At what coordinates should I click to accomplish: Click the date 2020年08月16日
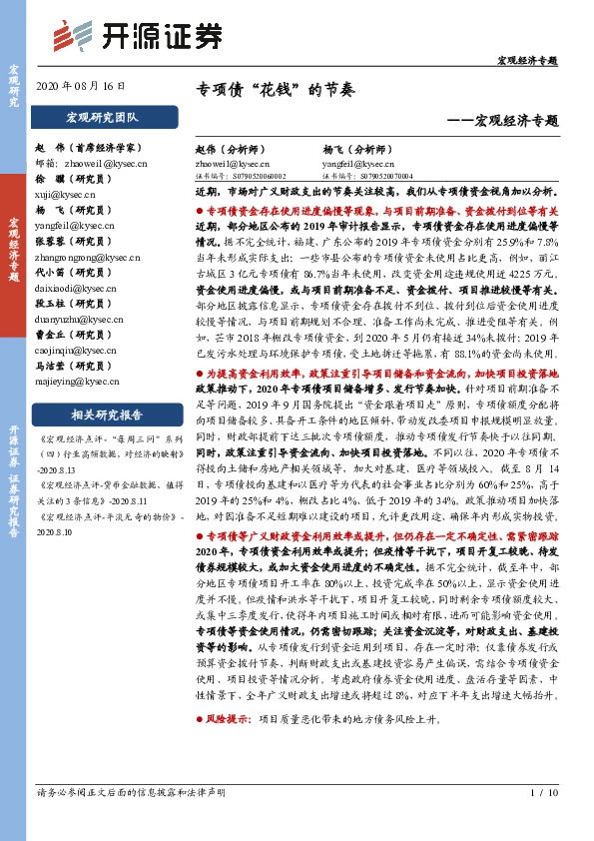click(88, 87)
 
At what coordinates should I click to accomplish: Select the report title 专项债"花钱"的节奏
click(274, 89)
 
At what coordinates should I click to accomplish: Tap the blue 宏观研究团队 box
click(103, 118)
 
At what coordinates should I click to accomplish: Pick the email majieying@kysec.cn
click(72, 381)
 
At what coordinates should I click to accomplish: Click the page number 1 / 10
click(543, 793)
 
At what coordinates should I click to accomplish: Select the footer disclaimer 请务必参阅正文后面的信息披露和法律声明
click(130, 793)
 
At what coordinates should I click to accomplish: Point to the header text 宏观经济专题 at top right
click(527, 61)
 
